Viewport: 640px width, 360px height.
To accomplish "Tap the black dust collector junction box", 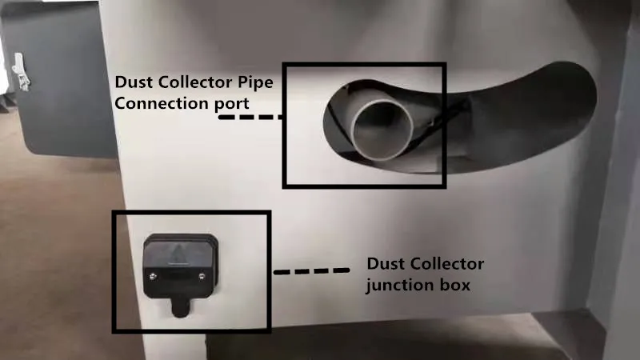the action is [x=179, y=264].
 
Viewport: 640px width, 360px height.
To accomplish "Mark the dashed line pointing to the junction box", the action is [x=313, y=271].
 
